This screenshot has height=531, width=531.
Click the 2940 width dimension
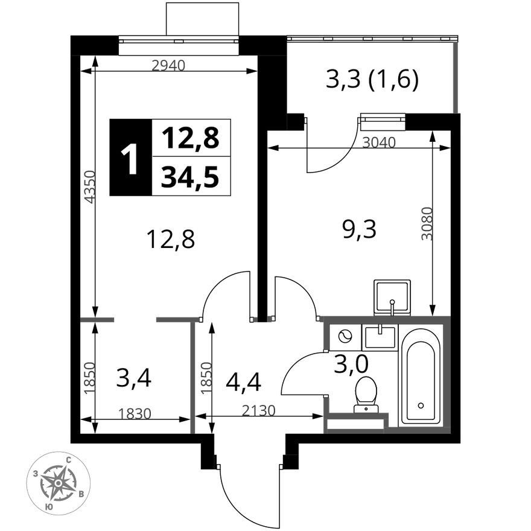(x=168, y=65)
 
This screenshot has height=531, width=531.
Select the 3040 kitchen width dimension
(x=378, y=142)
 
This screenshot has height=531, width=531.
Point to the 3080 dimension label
(x=427, y=223)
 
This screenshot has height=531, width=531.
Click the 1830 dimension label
(x=135, y=413)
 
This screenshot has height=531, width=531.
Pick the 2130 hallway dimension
(x=259, y=410)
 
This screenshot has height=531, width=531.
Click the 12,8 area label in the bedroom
(x=170, y=239)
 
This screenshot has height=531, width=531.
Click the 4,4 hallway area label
(x=244, y=382)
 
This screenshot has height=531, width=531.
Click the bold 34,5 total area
(x=189, y=177)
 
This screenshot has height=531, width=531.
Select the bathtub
(x=421, y=375)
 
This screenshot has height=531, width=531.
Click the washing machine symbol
(x=345, y=337)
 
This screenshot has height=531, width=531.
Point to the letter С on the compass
(x=68, y=460)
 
